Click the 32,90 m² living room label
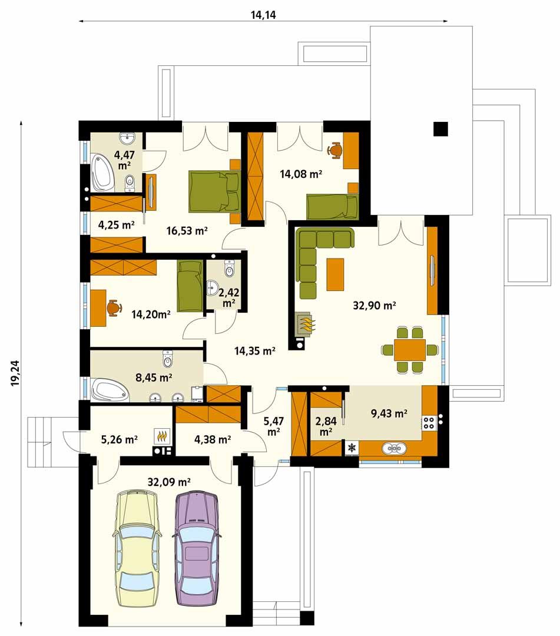(x=373, y=306)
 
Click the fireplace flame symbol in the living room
(x=307, y=323)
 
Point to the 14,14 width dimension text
(x=263, y=15)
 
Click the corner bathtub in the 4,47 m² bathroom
(x=102, y=173)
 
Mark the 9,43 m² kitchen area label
(x=389, y=414)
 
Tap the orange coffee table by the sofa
(x=334, y=274)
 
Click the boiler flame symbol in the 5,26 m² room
(x=163, y=436)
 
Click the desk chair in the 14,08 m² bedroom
(x=336, y=150)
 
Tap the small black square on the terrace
(x=440, y=128)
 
